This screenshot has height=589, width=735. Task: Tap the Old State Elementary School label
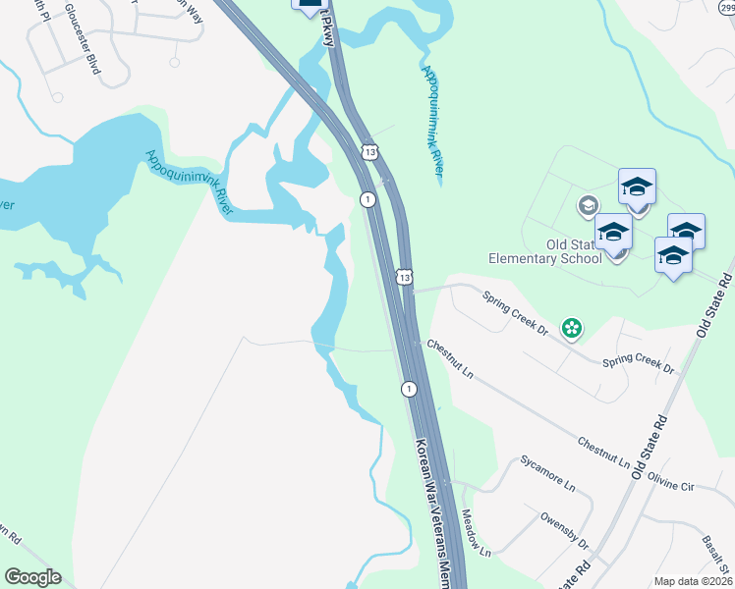545,252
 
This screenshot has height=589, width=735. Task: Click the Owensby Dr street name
564,530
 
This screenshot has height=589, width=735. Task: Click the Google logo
32,577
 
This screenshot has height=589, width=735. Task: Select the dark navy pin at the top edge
309,5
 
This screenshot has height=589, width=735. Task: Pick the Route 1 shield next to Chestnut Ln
407,390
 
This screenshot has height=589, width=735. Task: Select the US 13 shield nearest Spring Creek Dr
403,278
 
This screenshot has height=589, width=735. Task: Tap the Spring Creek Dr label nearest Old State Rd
638,364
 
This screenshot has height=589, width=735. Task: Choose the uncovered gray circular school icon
588,205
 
